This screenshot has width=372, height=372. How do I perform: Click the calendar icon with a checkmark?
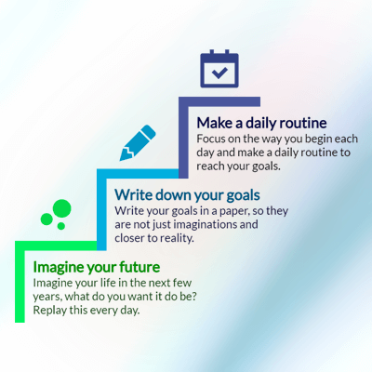(219, 69)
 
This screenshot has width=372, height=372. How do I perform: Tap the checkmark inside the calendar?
(219, 73)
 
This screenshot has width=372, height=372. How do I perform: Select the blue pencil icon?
(138, 143)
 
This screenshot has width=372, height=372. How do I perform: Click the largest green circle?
(62, 208)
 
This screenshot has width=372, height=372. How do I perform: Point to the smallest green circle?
(61, 226)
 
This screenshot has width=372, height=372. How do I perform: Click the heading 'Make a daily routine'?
(261, 123)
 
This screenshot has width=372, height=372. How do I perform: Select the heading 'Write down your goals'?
(187, 195)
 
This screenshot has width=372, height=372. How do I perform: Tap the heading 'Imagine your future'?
(97, 267)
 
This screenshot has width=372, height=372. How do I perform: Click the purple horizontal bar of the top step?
(219, 101)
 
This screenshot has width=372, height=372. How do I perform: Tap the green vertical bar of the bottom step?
(20, 282)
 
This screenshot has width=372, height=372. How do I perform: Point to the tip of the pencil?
(121, 160)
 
